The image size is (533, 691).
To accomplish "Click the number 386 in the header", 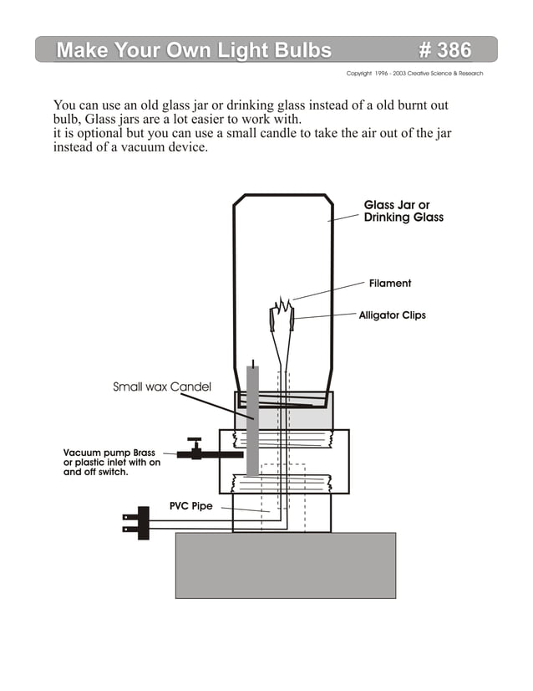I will pos(445,50).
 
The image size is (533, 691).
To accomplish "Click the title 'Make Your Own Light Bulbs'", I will pos(194,50).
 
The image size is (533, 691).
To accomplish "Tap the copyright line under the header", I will pos(414,74).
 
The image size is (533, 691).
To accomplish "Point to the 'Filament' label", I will pos(390,284).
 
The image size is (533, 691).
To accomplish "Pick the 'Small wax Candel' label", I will pos(161,387).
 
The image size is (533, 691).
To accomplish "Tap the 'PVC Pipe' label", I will pos(190,506).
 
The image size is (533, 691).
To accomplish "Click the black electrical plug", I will pos(143,522).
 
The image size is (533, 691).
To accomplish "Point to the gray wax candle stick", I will pos(252,427).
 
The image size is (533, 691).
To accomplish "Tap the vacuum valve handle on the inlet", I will pos(195,440).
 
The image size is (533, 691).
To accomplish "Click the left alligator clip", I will pos(272,319).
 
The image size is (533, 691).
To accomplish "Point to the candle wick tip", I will pos(252,361).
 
